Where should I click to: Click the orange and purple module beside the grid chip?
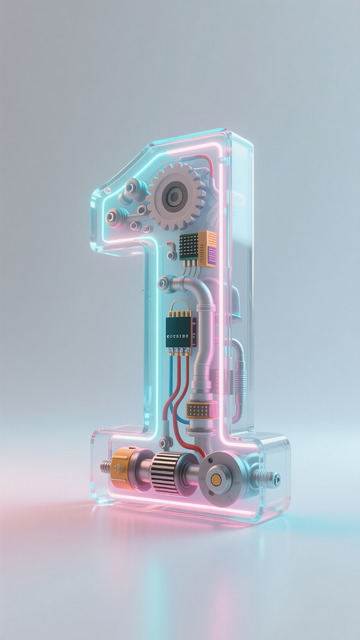207,246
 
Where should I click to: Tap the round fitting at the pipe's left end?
163,284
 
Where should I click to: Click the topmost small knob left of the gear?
131,186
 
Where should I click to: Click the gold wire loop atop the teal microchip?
179,304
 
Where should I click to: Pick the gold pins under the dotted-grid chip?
187,261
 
